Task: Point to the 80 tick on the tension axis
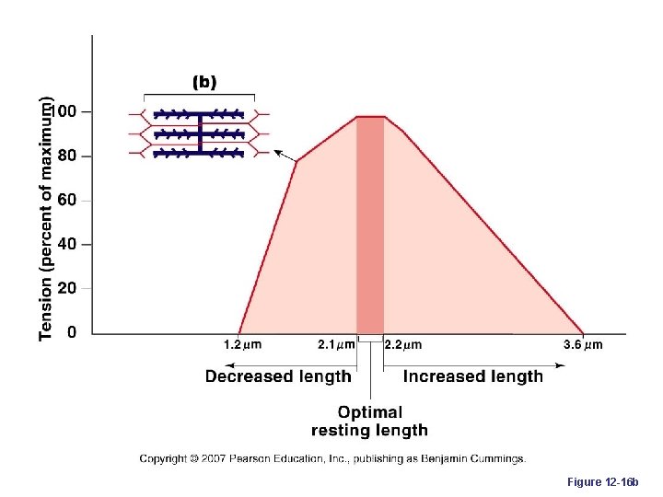pos(66,156)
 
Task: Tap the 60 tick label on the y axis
pos(66,200)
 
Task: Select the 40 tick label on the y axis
pos(66,244)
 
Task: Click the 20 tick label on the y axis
pos(66,288)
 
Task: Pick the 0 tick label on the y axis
pos(71,332)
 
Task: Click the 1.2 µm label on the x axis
pos(243,346)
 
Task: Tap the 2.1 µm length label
pos(336,346)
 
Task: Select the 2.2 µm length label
pos(402,346)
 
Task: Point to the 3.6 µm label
pos(583,346)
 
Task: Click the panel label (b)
pos(204,82)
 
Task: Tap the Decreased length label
pos(278,376)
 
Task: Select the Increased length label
pos(473,376)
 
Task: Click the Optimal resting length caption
pos(369,422)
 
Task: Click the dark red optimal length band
pos(370,225)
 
